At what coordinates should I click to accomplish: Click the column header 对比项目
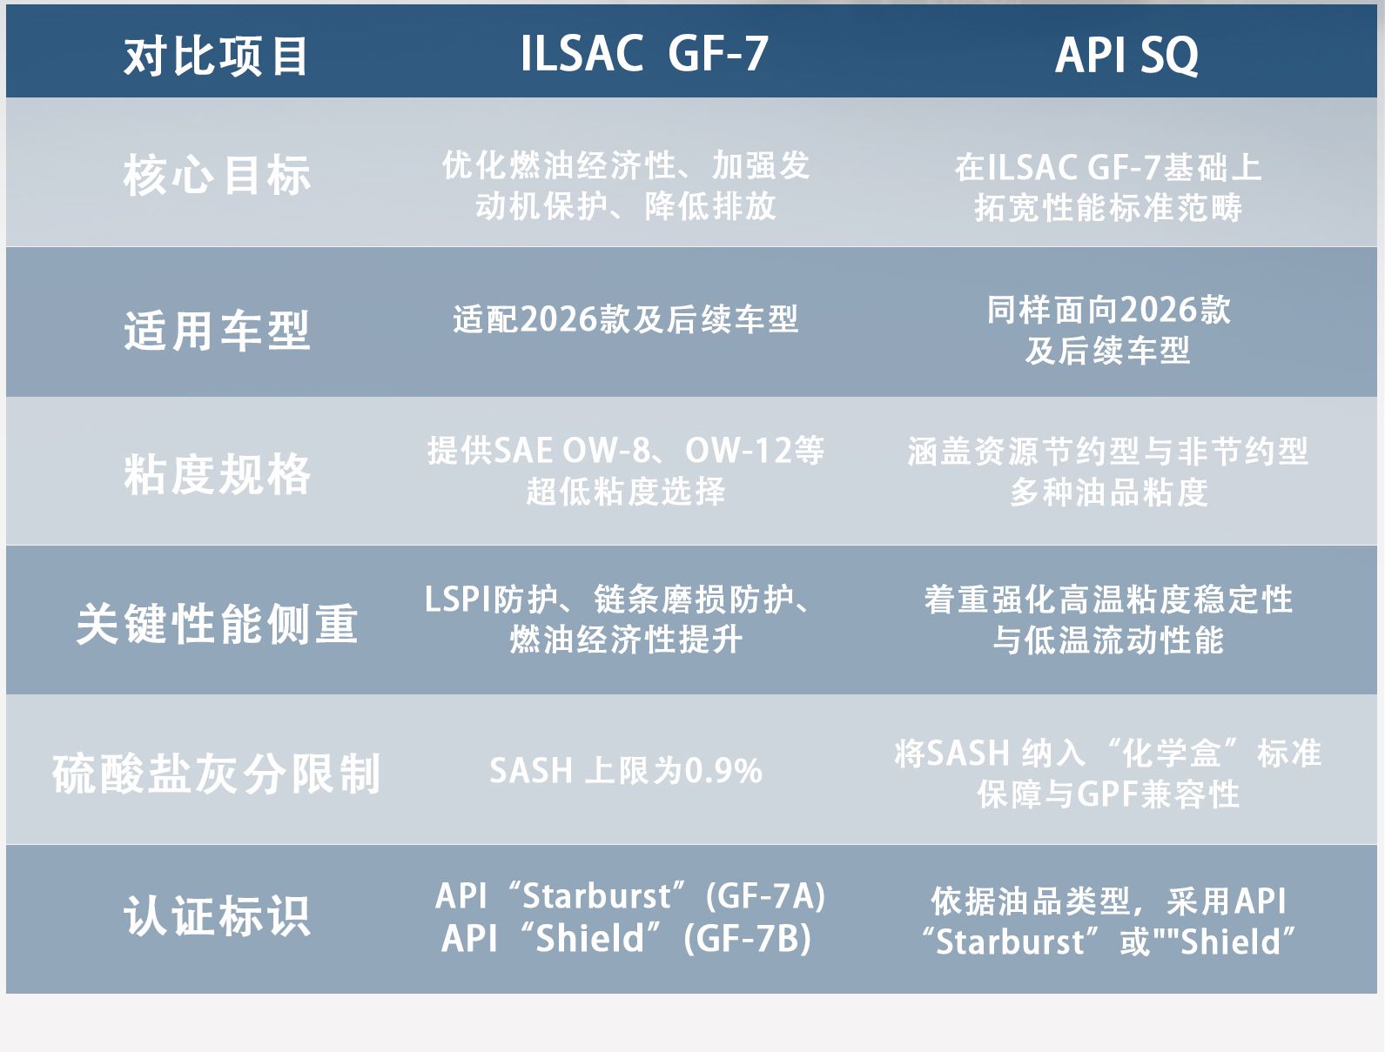coord(216,57)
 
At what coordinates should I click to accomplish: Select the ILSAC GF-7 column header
coord(644,54)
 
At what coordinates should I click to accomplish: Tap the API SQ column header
coord(1126,56)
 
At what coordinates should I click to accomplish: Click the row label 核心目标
coord(217,175)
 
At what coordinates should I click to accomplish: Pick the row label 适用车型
coord(217,330)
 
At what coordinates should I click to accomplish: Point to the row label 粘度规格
coord(217,473)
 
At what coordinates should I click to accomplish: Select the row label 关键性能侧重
coord(217,623)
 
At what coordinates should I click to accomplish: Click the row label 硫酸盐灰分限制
coord(217,774)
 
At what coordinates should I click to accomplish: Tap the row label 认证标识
coord(217,915)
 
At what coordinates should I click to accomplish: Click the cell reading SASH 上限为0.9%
coord(626,771)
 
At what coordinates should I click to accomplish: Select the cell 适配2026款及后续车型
coord(626,318)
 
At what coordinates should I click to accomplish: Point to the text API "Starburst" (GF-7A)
coord(630,896)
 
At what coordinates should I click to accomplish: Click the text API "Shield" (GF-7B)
coord(627,938)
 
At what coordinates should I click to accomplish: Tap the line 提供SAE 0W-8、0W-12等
coord(626,451)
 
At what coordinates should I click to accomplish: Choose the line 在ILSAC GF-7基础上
coord(1108,168)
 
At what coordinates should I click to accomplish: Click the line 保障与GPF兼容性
coord(1108,794)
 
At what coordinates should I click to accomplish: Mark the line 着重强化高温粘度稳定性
coord(1108,600)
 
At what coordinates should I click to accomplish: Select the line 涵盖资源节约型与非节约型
coord(1108,452)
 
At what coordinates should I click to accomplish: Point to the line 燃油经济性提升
coord(626,640)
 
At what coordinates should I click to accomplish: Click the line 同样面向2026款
coord(1109,310)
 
